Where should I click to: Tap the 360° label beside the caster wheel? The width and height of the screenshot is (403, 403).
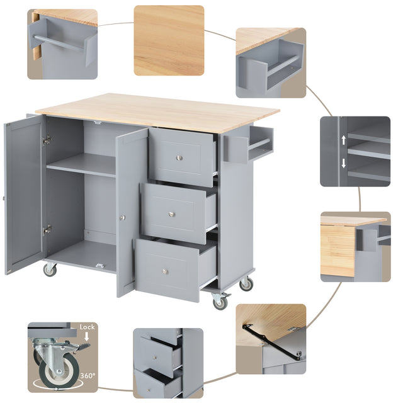click(88, 376)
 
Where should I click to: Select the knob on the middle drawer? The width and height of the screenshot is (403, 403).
click(171, 214)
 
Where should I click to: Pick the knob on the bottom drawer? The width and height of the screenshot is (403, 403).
click(165, 271)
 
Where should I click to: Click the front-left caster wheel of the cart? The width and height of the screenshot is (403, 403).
click(49, 270)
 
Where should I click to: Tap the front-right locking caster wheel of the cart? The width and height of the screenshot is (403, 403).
click(220, 302)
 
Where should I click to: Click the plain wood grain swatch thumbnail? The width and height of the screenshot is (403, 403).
click(169, 41)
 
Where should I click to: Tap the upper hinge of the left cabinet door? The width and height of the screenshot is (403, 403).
click(46, 140)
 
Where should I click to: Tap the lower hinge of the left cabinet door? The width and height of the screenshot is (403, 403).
click(46, 230)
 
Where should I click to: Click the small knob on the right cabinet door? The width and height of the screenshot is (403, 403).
click(123, 218)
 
